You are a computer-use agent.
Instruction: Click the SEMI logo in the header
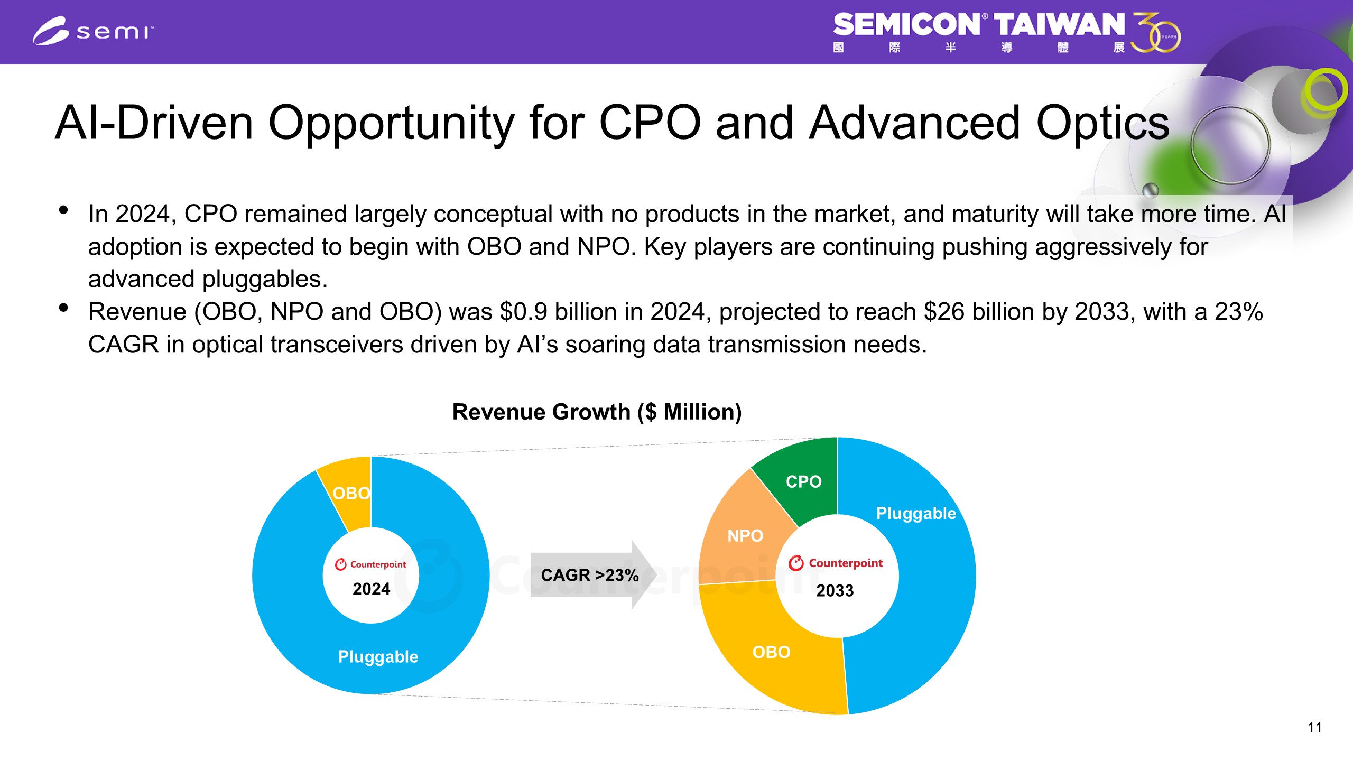pyautogui.click(x=93, y=31)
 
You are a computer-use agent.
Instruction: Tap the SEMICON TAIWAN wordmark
pyautogui.click(x=979, y=25)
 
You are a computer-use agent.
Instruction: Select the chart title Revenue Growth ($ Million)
pyautogui.click(x=597, y=412)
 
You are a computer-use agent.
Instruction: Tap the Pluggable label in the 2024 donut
pyautogui.click(x=378, y=656)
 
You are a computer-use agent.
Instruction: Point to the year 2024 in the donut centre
pyautogui.click(x=371, y=589)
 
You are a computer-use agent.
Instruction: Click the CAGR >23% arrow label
pyautogui.click(x=590, y=575)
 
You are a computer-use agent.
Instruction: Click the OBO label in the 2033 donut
pyautogui.click(x=771, y=652)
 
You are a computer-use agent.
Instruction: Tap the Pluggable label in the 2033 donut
pyautogui.click(x=916, y=513)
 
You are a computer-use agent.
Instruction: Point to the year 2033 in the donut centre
pyautogui.click(x=835, y=590)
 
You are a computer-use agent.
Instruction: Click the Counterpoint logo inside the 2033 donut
pyautogui.click(x=835, y=563)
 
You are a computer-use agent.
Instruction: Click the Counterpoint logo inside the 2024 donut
pyautogui.click(x=370, y=564)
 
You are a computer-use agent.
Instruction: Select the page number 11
pyautogui.click(x=1314, y=728)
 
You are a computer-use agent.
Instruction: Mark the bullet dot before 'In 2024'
pyautogui.click(x=64, y=210)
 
